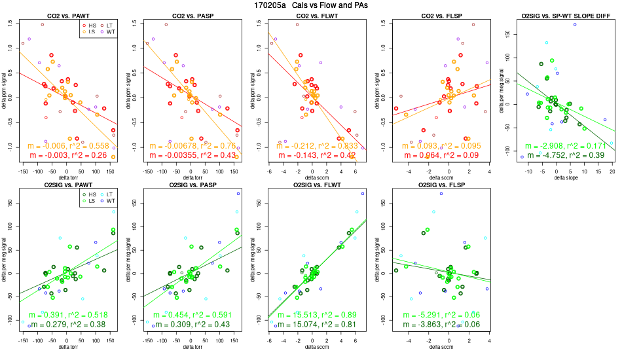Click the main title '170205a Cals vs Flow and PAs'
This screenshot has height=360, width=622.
pos(310,5)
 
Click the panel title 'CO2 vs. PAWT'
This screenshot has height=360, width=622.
pos(66,15)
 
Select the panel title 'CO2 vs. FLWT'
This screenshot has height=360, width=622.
pos(312,15)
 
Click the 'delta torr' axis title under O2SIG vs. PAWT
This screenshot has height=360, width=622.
pos(67,346)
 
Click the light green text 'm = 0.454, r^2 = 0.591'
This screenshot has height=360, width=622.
pos(190,315)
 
